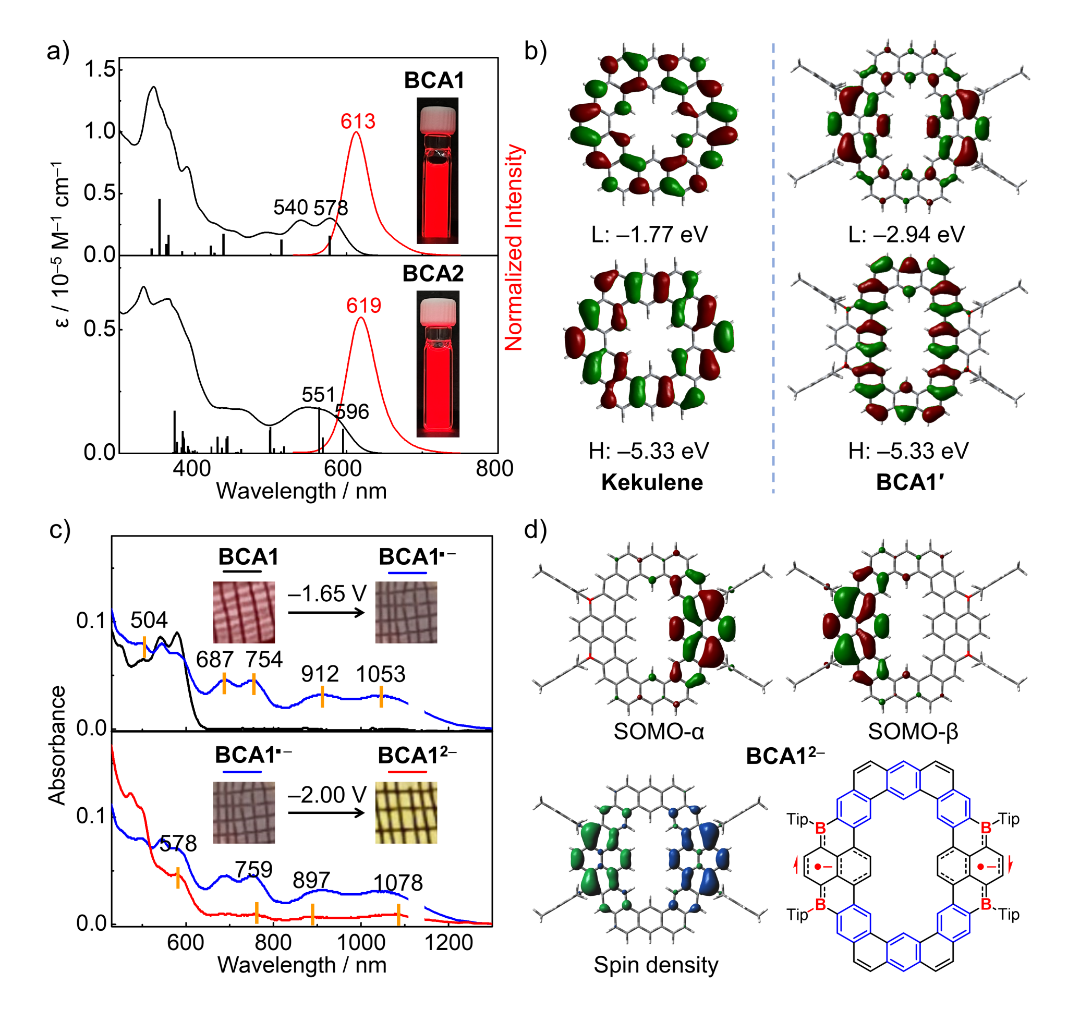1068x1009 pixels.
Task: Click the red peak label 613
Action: [x=358, y=121]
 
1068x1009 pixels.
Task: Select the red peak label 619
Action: [x=363, y=306]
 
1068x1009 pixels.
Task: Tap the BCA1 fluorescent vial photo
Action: [x=437, y=171]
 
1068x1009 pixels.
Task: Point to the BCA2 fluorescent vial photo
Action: [x=438, y=363]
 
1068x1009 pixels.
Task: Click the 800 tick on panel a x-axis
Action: [x=494, y=468]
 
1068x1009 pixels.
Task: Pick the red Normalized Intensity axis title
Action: [x=514, y=247]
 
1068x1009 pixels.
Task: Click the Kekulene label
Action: [x=652, y=482]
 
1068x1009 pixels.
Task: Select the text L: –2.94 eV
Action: [x=907, y=235]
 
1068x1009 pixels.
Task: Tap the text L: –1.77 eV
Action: [x=650, y=235]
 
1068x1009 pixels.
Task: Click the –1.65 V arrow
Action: [x=326, y=613]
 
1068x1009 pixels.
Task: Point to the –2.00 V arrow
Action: [x=326, y=812]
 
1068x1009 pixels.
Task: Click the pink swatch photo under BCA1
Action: [x=244, y=612]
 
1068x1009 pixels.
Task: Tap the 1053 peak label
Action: [x=380, y=674]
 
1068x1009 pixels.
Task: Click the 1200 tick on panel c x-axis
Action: [x=448, y=942]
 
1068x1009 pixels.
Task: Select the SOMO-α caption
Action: [x=659, y=731]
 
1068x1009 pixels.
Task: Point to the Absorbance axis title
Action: [x=57, y=745]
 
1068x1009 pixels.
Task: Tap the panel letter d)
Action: [x=535, y=530]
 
